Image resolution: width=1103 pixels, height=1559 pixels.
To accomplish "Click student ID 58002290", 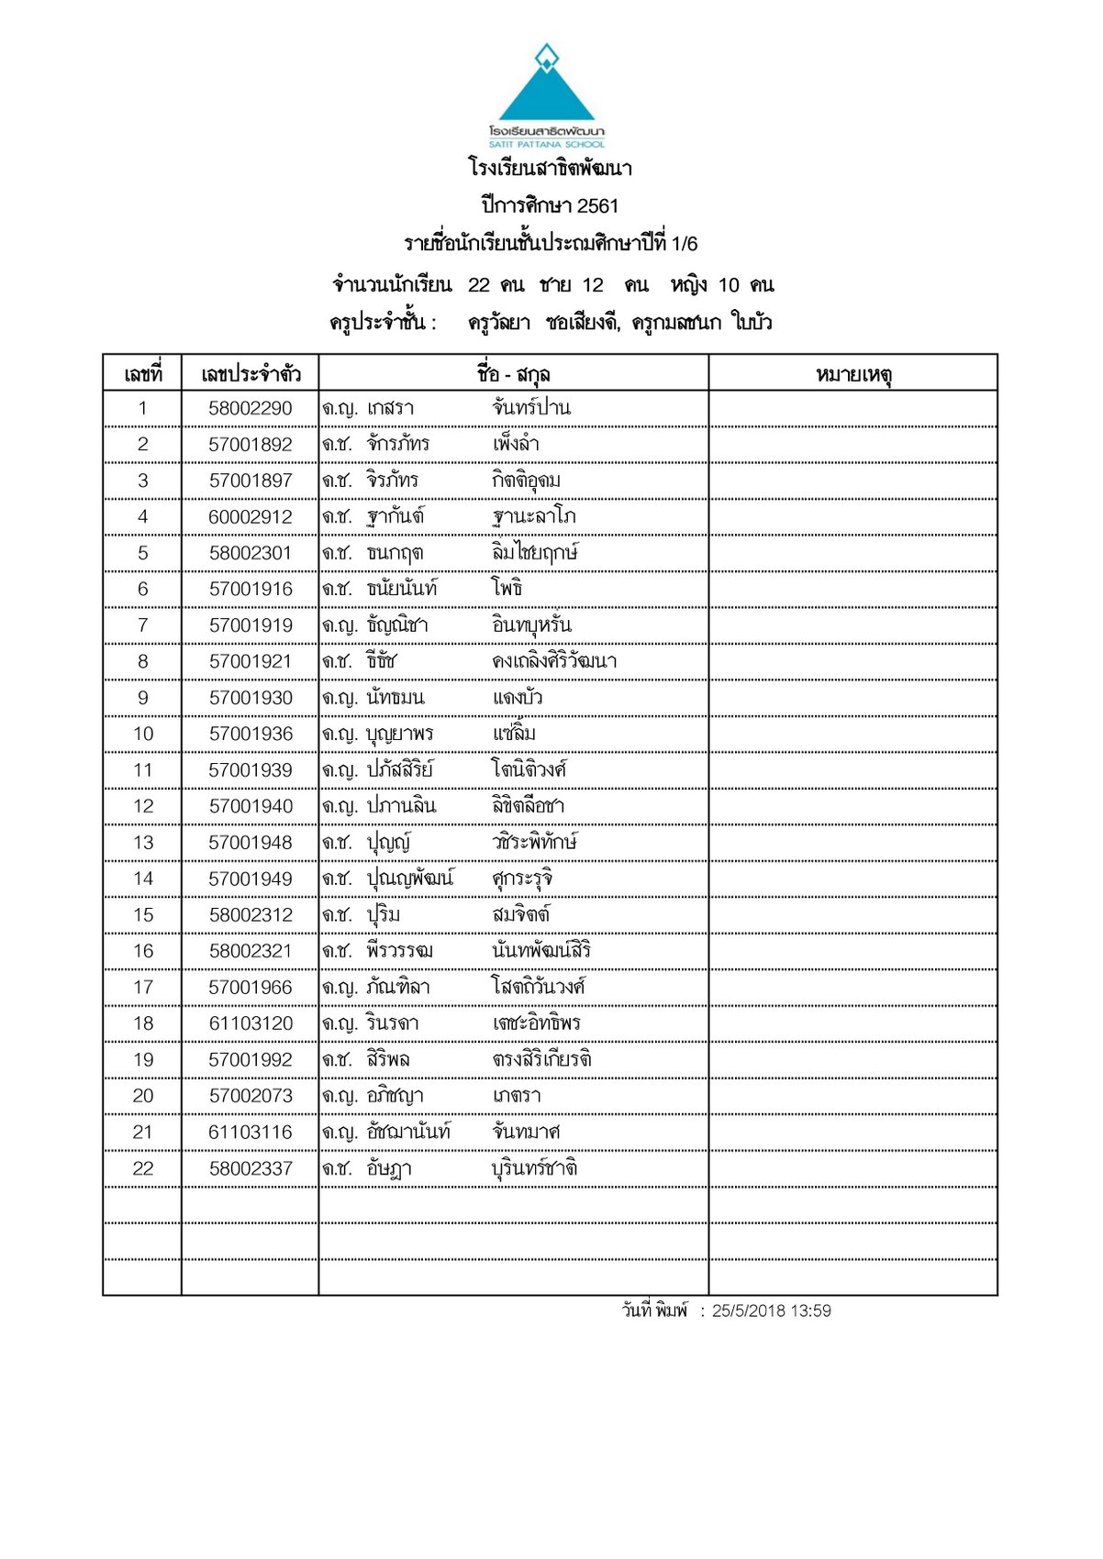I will point(251,409).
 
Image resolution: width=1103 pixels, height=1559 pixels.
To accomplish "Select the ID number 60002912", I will point(251,517).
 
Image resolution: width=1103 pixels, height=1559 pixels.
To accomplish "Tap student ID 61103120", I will point(251,1023).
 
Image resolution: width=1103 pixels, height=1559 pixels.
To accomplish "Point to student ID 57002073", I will point(251,1096).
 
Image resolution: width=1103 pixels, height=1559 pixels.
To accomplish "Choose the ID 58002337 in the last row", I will point(251,1168).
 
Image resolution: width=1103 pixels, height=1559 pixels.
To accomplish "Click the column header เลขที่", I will point(142,374).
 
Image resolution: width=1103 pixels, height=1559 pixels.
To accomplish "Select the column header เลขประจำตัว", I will point(251,374).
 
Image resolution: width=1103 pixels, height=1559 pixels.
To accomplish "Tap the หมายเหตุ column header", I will point(852,374).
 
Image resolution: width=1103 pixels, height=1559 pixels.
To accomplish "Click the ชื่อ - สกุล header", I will point(513,374).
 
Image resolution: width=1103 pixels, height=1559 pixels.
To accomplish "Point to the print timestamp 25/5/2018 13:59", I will point(771,1311).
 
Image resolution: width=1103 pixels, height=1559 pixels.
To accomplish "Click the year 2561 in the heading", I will point(597,206).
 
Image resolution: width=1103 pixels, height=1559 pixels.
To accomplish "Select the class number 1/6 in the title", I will point(685,244).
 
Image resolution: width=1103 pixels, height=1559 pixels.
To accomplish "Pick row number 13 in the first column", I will point(143,843).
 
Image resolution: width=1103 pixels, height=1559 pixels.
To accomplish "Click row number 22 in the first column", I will point(143,1168).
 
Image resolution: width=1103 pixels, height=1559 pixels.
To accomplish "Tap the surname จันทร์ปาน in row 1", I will point(531,408).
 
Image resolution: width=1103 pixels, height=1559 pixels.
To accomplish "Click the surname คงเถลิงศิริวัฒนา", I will point(554,661).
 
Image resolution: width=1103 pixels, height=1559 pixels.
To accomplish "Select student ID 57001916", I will point(251,590).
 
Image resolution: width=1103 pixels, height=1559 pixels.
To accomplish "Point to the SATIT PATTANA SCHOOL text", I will point(547,144).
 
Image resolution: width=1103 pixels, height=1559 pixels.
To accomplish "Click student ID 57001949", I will point(251,879).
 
